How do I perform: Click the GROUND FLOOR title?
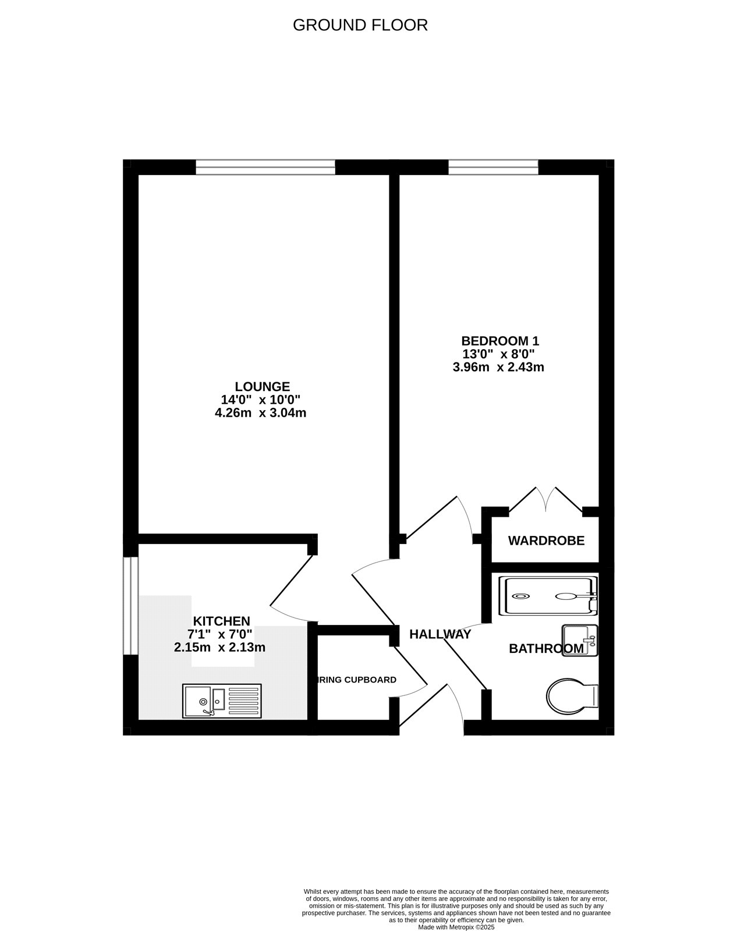(x=360, y=25)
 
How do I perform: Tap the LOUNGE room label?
(x=262, y=386)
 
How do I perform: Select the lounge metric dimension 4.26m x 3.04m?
(x=260, y=413)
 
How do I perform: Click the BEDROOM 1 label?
(x=496, y=340)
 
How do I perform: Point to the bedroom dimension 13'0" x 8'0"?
(x=498, y=354)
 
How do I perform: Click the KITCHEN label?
(x=221, y=621)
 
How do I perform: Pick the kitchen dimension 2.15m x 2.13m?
(x=219, y=647)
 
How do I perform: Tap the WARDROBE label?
(x=546, y=541)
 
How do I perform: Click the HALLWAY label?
(x=440, y=634)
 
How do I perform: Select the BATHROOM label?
(x=545, y=648)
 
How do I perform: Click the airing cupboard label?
(x=357, y=680)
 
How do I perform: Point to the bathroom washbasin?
(x=580, y=641)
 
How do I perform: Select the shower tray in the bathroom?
(x=548, y=596)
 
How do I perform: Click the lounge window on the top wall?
(x=265, y=168)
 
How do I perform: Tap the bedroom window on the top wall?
(x=493, y=168)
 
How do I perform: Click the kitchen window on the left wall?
(x=131, y=606)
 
